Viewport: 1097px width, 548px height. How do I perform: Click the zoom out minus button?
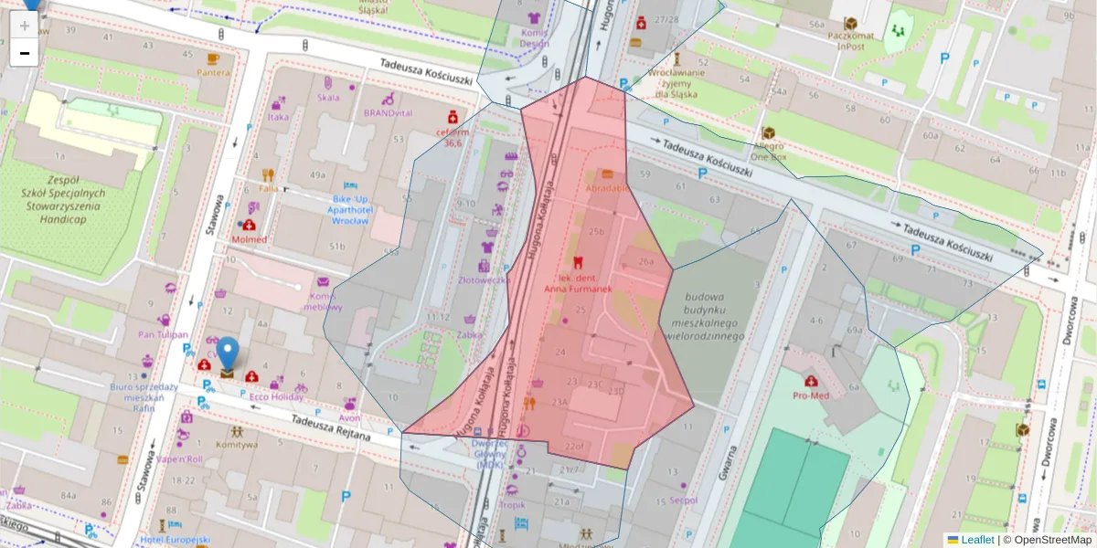point(25,53)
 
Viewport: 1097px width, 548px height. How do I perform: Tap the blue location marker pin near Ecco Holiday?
point(227,353)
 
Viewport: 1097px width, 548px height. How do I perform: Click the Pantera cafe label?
point(213,72)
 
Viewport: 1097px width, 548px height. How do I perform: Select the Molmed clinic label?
point(249,239)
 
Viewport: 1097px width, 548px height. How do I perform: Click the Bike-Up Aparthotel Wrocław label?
point(350,210)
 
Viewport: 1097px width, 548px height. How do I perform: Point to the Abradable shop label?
point(606,187)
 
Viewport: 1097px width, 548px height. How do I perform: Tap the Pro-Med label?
point(810,395)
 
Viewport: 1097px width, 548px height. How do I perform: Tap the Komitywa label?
point(236,445)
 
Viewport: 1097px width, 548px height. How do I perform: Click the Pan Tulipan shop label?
point(163,334)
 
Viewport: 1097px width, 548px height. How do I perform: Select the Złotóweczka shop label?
point(484,279)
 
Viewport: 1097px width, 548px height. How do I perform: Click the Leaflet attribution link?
point(977,540)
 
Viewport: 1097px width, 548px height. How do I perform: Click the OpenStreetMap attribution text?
point(1051,540)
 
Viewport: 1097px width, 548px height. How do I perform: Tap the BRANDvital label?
point(388,112)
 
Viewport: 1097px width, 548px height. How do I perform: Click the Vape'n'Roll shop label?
point(179,459)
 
